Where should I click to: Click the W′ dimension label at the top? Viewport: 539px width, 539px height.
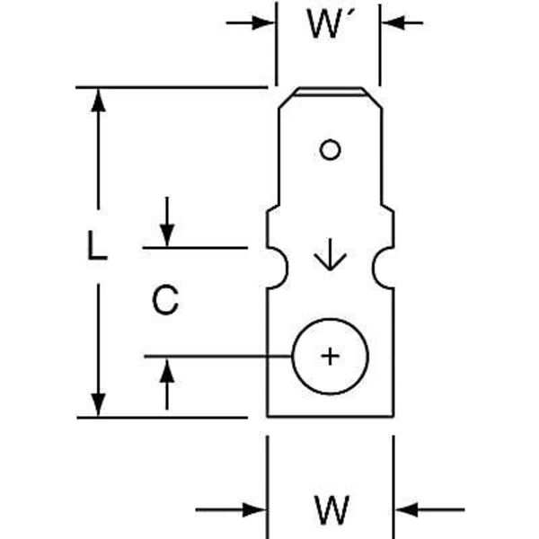click(327, 25)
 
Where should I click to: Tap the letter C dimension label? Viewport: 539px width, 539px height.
click(164, 300)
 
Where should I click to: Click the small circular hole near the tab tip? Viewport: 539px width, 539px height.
click(330, 150)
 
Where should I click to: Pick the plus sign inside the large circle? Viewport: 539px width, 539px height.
click(331, 357)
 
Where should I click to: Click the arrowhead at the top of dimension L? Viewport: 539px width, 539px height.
click(100, 101)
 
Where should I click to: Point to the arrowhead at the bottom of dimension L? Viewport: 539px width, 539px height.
click(100, 403)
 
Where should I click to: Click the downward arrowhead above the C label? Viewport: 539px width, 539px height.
click(167, 234)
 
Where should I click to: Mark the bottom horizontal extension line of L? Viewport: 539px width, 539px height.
click(162, 418)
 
